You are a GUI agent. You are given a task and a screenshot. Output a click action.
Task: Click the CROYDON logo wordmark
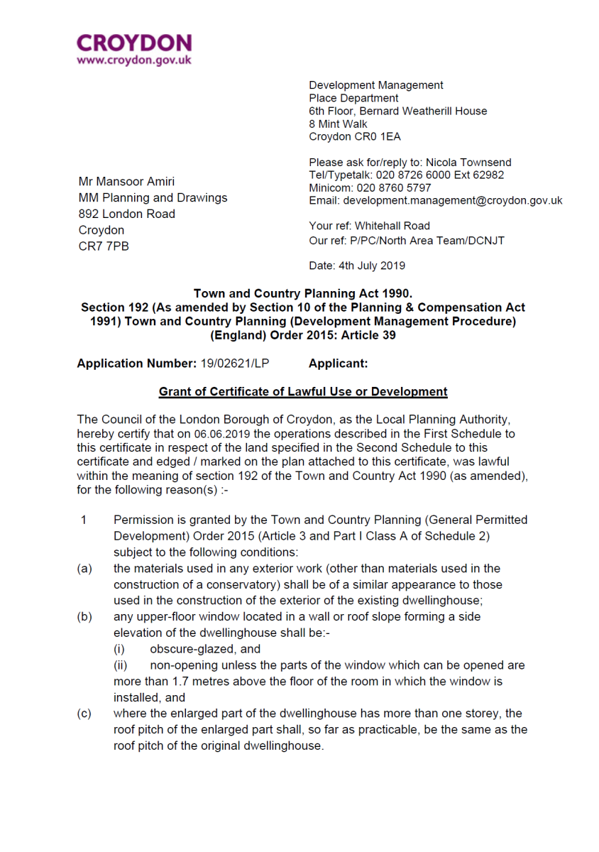pos(133,43)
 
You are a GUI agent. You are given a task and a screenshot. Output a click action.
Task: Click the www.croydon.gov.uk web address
pos(133,60)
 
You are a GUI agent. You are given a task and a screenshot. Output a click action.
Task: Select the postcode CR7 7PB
pos(104,246)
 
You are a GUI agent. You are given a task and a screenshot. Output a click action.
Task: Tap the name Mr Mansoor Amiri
pos(126,182)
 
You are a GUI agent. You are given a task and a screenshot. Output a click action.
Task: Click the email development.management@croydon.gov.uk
pos(453,201)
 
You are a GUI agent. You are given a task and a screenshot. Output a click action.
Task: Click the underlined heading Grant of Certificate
pos(303,391)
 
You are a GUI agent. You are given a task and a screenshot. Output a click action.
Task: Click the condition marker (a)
pos(84,568)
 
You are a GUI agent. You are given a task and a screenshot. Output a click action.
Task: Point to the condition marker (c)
pos(84,714)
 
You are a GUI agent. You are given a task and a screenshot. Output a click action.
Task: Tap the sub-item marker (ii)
pos(124,665)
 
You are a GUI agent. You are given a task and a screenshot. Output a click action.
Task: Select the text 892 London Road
pos(126,214)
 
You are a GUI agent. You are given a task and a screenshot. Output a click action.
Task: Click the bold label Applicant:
pos(339,364)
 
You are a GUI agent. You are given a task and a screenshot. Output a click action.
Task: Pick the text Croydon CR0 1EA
pos(354,136)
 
